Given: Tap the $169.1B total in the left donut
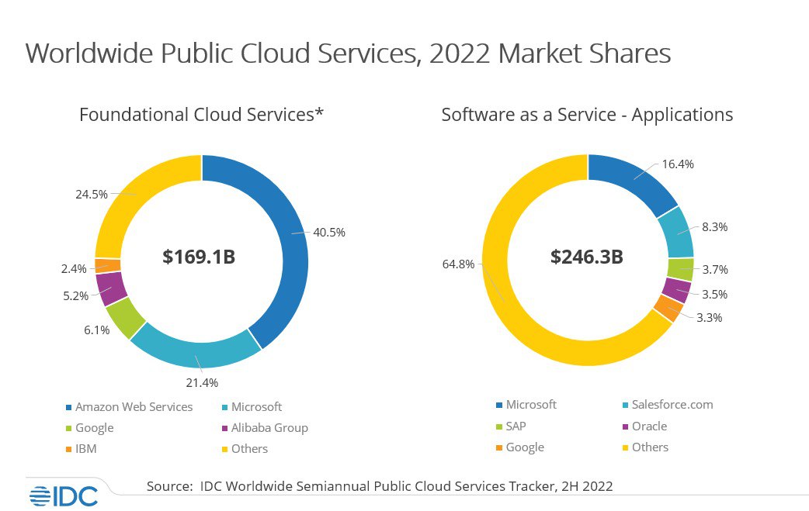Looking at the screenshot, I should tap(199, 257).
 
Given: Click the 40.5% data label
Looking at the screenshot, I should tap(329, 232).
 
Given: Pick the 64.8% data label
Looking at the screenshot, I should tap(457, 265).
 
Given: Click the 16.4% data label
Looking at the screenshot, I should tap(678, 164).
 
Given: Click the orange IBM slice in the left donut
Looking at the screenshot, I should tap(108, 265).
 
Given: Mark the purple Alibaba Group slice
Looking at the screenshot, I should tap(112, 288).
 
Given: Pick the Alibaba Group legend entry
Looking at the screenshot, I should tap(268, 427).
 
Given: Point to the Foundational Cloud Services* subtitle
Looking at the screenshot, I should tap(201, 115).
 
